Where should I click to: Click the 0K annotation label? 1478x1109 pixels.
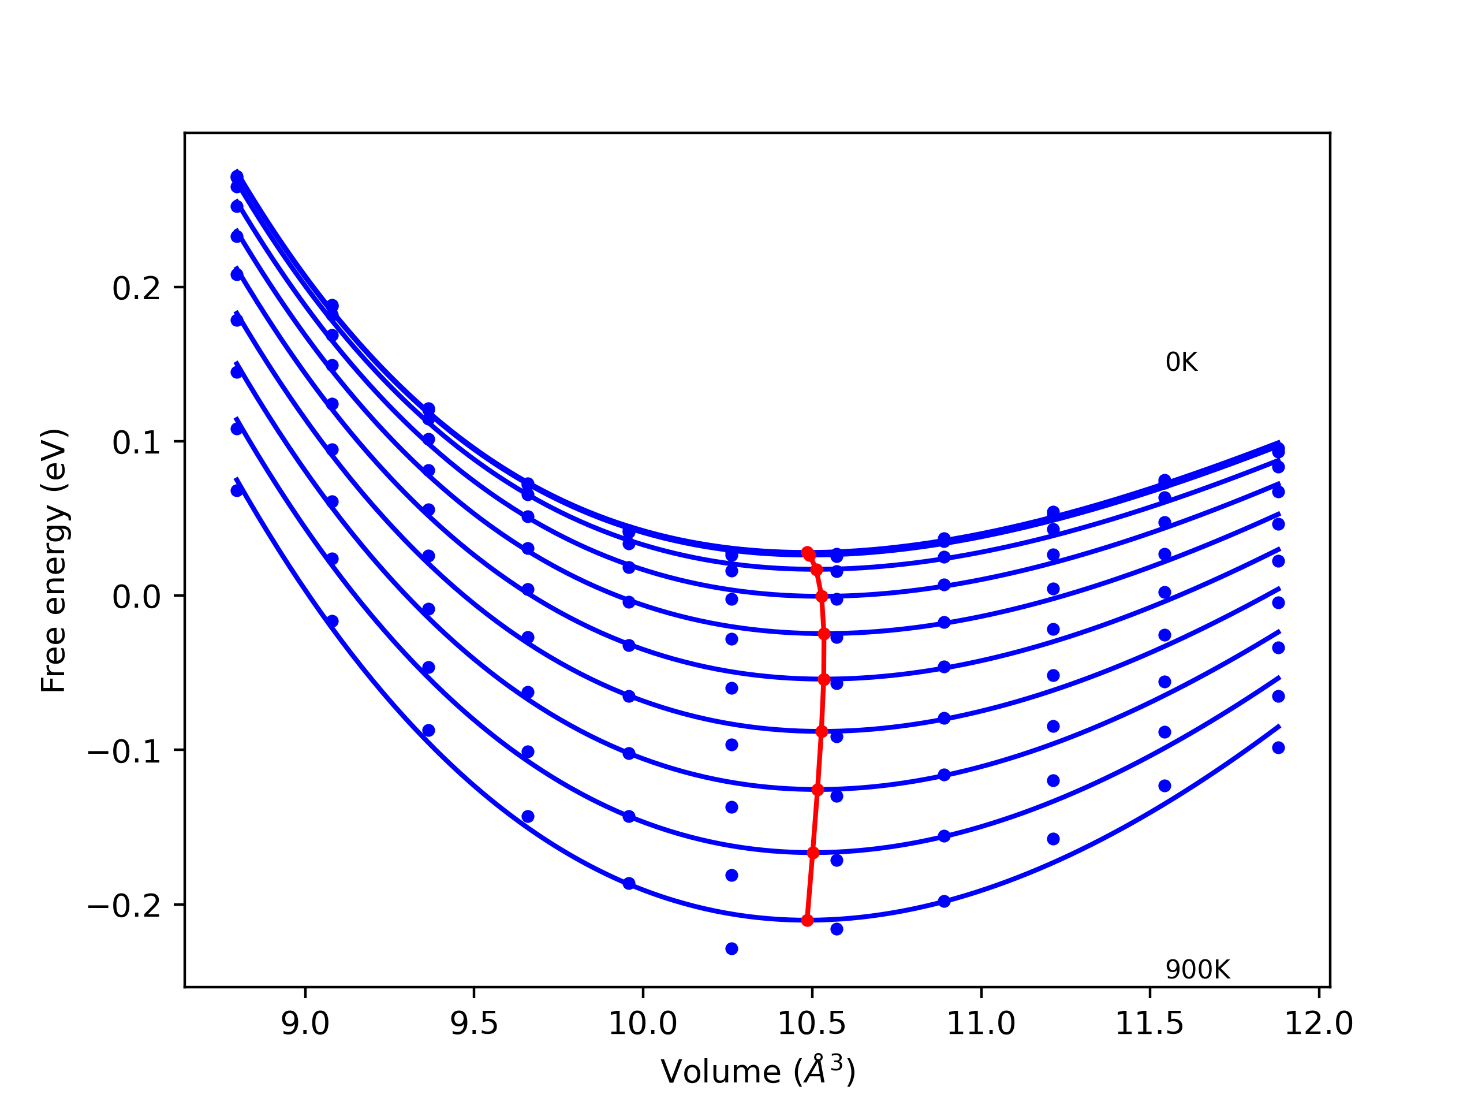tap(1181, 363)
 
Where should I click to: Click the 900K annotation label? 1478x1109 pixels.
tap(1197, 970)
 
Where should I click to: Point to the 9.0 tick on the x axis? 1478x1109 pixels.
tap(305, 1025)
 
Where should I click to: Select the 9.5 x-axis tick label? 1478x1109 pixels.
tap(474, 1025)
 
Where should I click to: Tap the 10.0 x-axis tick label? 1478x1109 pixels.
tap(643, 1025)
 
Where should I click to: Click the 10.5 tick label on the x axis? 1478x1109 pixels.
tap(812, 1025)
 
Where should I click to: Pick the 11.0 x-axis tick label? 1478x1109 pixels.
tap(981, 1025)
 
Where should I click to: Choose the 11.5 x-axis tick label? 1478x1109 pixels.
tap(1149, 1025)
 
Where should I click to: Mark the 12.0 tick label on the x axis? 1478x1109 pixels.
tap(1318, 1025)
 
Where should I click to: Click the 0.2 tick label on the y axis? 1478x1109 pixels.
tap(136, 289)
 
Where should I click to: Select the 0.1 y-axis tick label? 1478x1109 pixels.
tap(136, 442)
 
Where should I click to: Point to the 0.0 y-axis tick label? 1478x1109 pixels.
tap(136, 597)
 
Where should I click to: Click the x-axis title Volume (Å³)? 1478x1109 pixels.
tap(757, 1071)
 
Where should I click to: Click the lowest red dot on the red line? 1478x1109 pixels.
tap(807, 921)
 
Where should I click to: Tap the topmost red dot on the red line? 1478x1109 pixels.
tap(807, 553)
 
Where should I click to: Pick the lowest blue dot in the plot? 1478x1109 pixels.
tap(731, 948)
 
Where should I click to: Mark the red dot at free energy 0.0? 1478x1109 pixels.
tap(822, 596)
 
